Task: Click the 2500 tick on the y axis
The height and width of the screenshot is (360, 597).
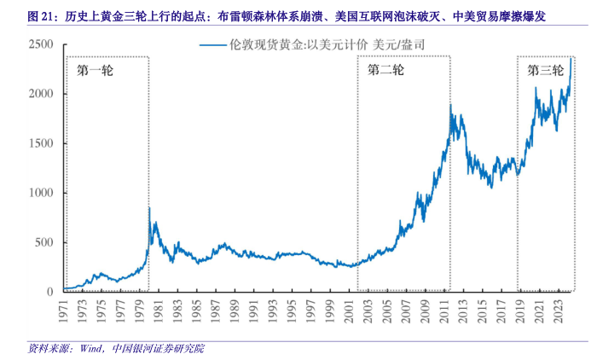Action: click(43, 44)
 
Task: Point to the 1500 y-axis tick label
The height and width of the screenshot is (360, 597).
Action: click(43, 143)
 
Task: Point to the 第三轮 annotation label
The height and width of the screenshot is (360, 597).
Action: click(544, 71)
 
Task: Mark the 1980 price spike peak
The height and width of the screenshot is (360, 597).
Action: click(150, 207)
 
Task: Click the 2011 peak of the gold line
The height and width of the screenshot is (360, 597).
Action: click(450, 105)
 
